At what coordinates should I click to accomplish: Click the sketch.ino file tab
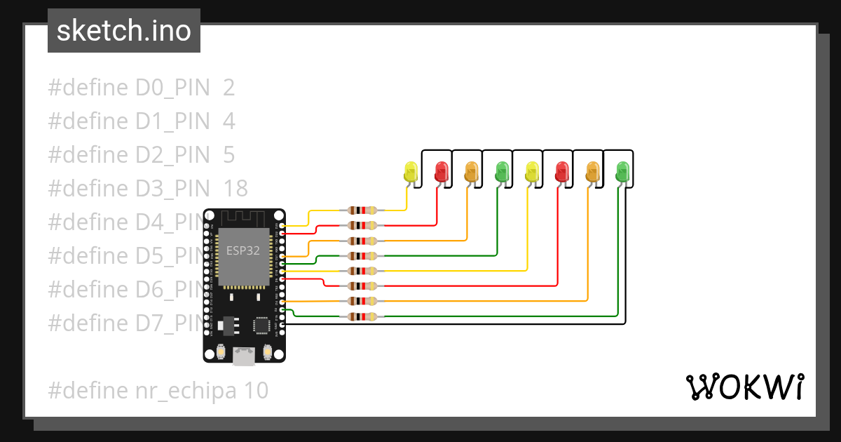[x=124, y=31]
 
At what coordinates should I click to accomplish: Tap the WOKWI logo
[x=744, y=387]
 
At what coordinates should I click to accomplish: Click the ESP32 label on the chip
[x=242, y=250]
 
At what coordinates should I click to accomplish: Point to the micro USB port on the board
[x=244, y=356]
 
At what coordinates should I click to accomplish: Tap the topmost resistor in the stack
[x=362, y=210]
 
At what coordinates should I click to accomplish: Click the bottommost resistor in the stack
[x=362, y=317]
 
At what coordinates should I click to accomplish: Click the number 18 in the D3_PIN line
[x=235, y=189]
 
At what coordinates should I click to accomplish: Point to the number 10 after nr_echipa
[x=257, y=390]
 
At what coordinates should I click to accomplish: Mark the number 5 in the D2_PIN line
[x=229, y=155]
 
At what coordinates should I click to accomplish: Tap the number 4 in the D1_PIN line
[x=229, y=121]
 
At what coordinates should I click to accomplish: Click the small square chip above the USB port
[x=261, y=325]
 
